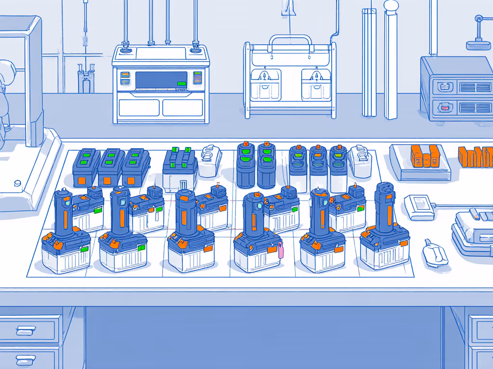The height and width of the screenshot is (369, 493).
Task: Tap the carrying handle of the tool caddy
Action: click(290, 38)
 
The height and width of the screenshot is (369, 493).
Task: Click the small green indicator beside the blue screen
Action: click(182, 84)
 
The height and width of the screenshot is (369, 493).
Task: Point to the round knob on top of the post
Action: click(391, 6)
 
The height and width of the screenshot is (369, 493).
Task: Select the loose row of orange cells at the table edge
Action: click(476, 158)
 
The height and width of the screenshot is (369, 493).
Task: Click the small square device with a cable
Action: click(419, 205)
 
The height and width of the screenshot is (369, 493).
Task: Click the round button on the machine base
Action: click(18, 183)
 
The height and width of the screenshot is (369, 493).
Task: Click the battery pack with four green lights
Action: click(180, 166)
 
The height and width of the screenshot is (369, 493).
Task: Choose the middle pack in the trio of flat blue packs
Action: click(111, 167)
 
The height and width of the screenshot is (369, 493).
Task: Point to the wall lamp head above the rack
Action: click(479, 45)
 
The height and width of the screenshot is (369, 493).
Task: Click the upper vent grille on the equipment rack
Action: click(475, 87)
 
